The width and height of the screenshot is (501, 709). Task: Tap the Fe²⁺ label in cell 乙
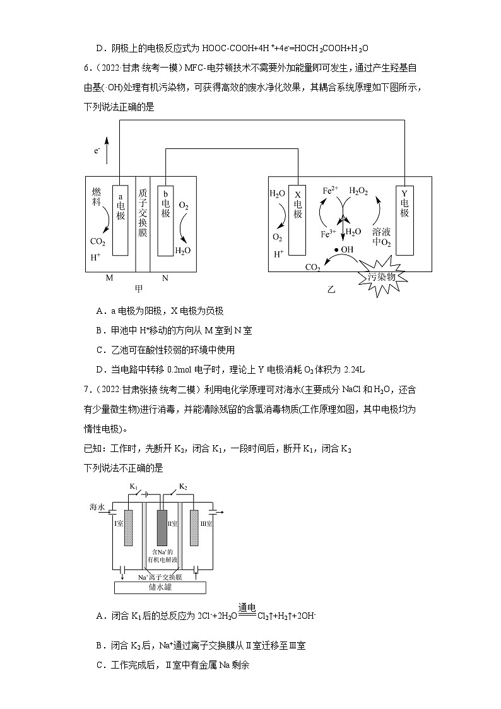[331, 191]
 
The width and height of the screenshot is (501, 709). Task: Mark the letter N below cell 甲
[165, 278]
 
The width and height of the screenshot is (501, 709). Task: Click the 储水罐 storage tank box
[160, 587]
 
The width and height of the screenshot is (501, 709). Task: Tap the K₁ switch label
[134, 486]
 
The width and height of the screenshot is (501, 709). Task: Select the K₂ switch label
[183, 486]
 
